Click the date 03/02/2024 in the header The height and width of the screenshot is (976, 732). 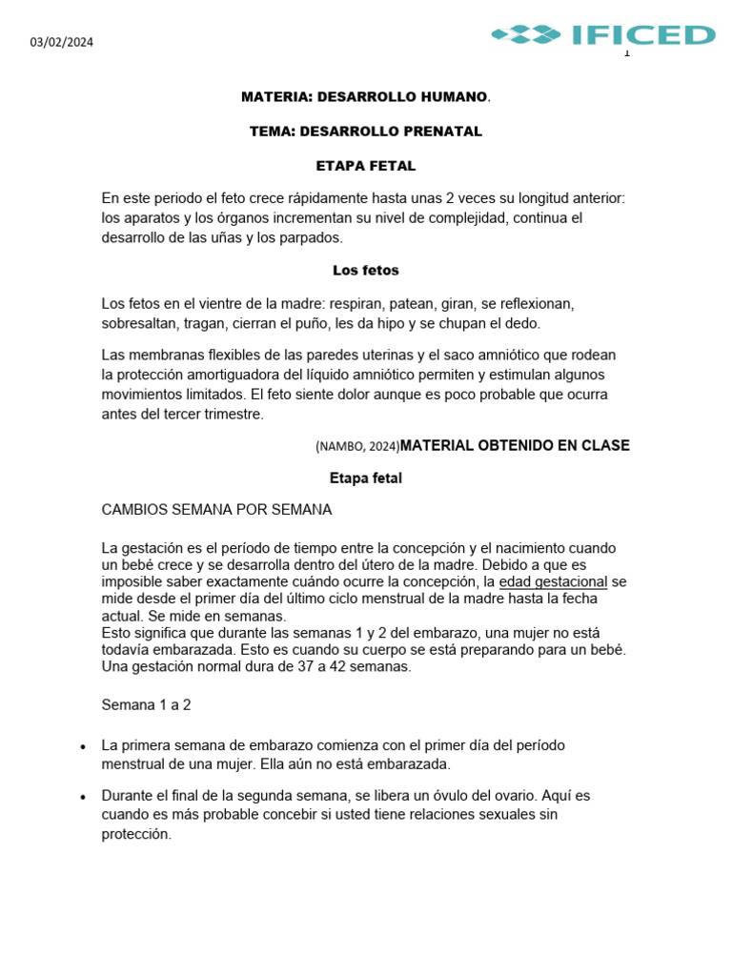click(x=61, y=42)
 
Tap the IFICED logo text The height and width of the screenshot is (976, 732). click(x=643, y=35)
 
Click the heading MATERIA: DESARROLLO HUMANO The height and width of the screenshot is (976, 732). click(x=365, y=97)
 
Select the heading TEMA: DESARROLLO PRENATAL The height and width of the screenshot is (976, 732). click(x=365, y=132)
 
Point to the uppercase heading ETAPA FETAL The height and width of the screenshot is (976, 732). click(x=365, y=166)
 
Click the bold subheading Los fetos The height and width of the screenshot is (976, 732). click(x=365, y=271)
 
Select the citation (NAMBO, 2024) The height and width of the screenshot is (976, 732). click(x=356, y=446)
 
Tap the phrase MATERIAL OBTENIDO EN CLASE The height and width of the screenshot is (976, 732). click(x=515, y=445)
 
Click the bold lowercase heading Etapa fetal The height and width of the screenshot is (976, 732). click(x=365, y=478)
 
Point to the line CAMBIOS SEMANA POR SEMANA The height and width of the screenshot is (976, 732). click(x=216, y=510)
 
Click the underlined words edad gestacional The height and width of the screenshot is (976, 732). click(x=553, y=581)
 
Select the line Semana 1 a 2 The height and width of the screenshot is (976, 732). click(x=146, y=705)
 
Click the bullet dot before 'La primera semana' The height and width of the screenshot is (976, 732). click(x=85, y=746)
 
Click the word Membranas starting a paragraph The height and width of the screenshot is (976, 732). click(x=161, y=355)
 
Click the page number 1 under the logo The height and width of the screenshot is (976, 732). click(x=626, y=53)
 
